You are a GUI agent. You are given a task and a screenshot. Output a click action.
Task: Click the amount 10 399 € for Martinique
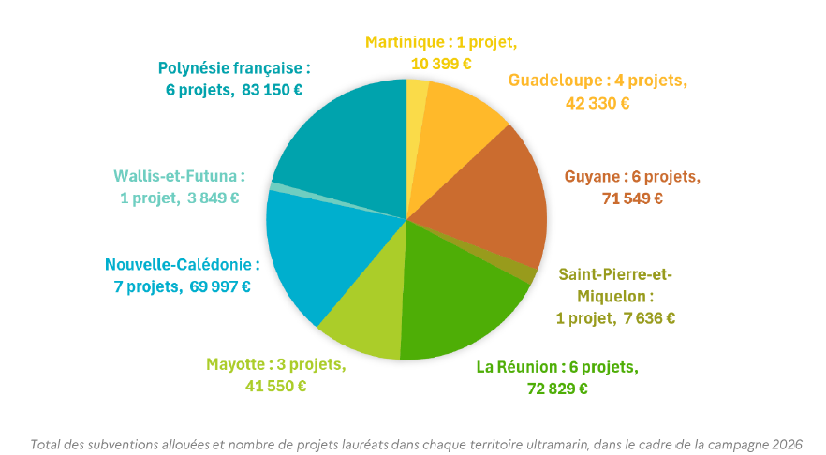pos(441,64)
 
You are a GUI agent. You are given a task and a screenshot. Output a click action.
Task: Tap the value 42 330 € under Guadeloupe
pos(597,103)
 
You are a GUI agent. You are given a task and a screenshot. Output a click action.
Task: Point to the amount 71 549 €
pos(632,198)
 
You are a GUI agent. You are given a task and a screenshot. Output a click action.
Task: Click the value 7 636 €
pos(649,318)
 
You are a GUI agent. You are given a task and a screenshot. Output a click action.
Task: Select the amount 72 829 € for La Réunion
pos(557,389)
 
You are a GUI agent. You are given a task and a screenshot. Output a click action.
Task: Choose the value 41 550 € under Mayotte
pos(275,386)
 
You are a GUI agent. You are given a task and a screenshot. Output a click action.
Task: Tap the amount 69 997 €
pos(220,287)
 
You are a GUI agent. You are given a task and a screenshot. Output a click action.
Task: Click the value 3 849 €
pos(213,198)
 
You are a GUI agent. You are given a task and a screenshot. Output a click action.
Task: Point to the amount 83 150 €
pos(272,90)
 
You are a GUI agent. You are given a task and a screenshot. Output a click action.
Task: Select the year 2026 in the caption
pos(787,445)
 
